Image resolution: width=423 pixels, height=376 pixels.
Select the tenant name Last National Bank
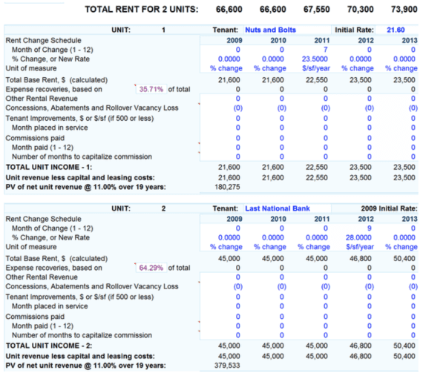tap(278, 208)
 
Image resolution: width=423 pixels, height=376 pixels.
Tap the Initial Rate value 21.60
tap(396, 30)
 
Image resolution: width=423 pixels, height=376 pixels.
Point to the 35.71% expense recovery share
tap(152, 89)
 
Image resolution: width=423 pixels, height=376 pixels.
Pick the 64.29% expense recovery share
tap(152, 268)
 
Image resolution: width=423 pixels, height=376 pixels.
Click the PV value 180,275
tap(229, 187)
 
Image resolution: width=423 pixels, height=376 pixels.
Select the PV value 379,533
tap(229, 366)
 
